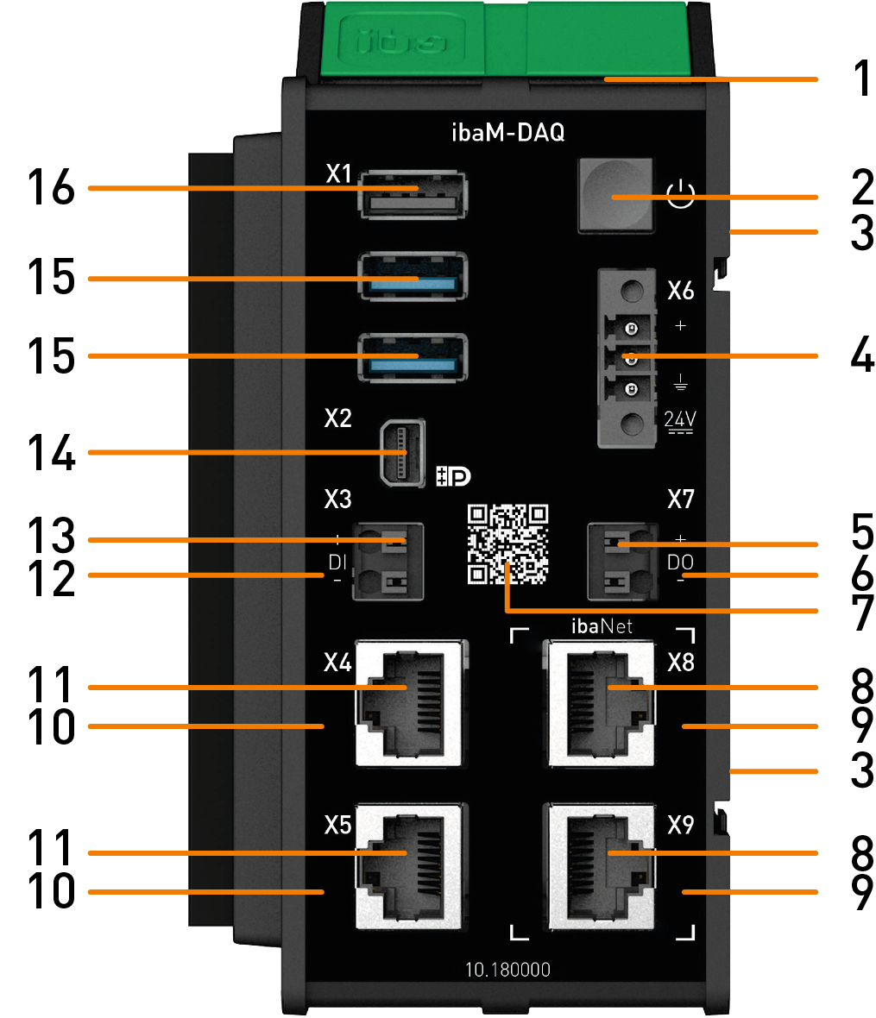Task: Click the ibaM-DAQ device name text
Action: (508, 134)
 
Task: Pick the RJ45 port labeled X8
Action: (601, 703)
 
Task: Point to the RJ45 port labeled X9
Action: (601, 867)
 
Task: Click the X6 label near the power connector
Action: (681, 291)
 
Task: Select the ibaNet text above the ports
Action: (602, 625)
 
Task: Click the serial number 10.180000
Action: (507, 970)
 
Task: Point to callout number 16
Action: (51, 187)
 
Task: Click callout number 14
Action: (51, 453)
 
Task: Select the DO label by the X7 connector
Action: (680, 562)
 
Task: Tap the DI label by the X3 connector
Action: (337, 562)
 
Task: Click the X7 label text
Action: (681, 499)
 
